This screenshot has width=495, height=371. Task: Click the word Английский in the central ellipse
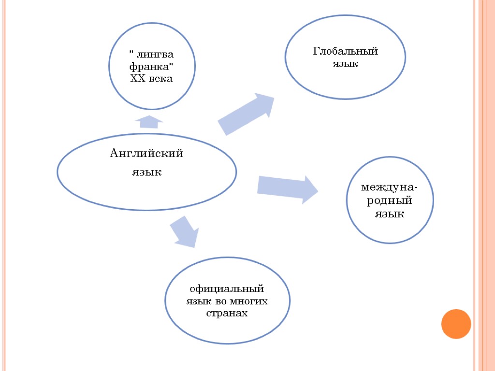[x=146, y=154]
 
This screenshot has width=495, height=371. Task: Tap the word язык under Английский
[x=146, y=172]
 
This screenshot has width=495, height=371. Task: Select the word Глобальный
[x=345, y=52]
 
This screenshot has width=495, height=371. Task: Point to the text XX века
[x=151, y=78]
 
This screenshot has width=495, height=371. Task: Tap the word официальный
[x=227, y=289]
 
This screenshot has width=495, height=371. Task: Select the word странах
[x=227, y=314]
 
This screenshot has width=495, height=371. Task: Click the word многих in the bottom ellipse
[x=249, y=301]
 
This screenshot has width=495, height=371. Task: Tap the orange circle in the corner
[x=456, y=324]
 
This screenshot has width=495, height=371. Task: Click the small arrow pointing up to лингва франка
[x=149, y=121]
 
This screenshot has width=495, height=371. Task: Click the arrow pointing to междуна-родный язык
[x=287, y=188]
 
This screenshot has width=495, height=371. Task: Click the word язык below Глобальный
[x=345, y=64]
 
